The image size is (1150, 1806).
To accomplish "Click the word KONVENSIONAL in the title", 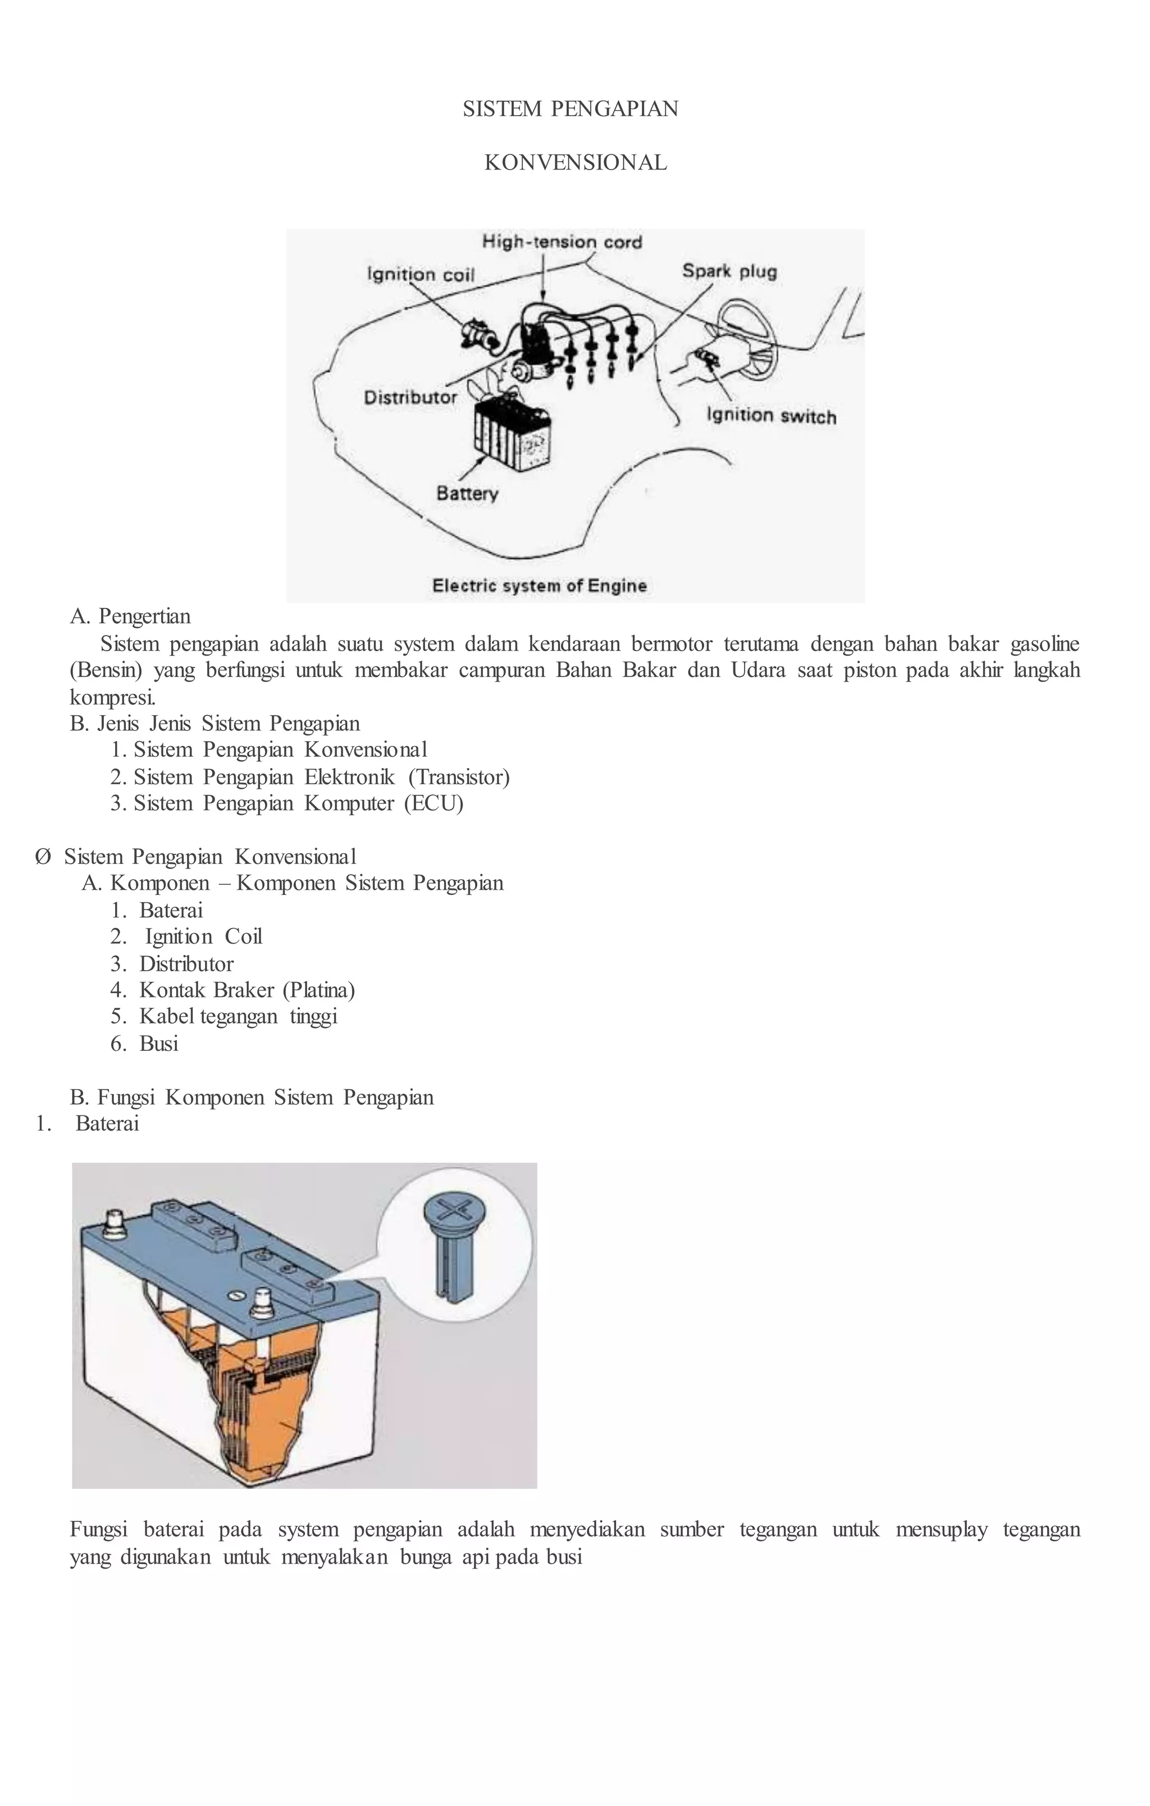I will [x=576, y=163].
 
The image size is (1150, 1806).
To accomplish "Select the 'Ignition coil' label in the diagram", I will [x=420, y=275].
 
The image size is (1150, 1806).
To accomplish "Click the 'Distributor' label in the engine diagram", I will [x=410, y=397].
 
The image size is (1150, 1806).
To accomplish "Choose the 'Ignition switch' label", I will [x=771, y=415].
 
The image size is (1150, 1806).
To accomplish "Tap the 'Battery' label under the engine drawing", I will [x=467, y=493].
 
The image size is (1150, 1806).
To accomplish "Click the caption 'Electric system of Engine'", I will [x=540, y=586].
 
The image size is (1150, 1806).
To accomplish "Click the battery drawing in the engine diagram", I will [x=512, y=435].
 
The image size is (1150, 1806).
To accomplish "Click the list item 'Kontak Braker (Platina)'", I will [x=247, y=990].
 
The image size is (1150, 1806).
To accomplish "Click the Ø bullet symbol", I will [x=43, y=857].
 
